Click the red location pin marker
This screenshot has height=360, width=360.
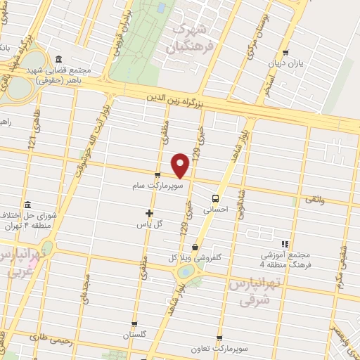tap(181, 165)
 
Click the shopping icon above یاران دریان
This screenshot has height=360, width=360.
tap(285, 53)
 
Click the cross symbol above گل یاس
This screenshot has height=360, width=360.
tap(148, 212)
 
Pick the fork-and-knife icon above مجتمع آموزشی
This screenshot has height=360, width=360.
tap(285, 243)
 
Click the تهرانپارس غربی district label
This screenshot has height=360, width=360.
tap(15, 262)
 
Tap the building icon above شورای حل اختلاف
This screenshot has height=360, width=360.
tap(27, 205)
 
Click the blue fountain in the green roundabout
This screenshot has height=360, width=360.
tap(185, 271)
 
